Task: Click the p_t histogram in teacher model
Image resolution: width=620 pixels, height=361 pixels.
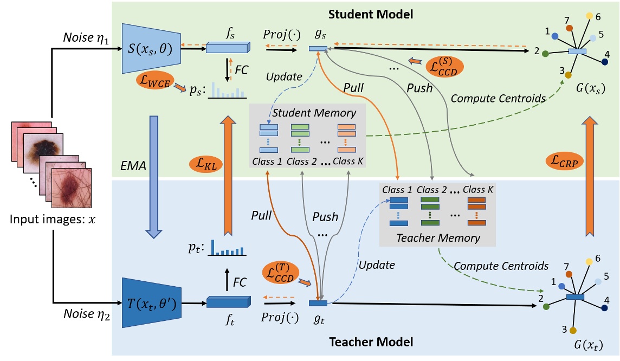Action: click(227, 248)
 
